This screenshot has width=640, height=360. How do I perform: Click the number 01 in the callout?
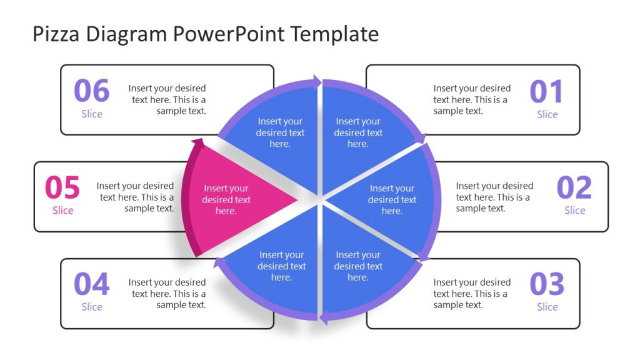pos(546,91)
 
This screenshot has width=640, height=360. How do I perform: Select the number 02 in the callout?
pos(574,187)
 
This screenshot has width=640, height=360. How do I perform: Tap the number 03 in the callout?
pos(547,284)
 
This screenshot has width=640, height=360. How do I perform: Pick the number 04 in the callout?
pos(92,284)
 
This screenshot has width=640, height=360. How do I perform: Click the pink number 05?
pos(62,187)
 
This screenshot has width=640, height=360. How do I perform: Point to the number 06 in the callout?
pos(92,91)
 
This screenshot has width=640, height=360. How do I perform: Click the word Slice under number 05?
pos(62,211)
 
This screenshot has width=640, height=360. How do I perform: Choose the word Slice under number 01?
pos(547,114)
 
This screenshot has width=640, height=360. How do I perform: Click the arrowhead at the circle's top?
pos(317,82)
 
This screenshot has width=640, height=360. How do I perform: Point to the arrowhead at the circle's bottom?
pos(324,319)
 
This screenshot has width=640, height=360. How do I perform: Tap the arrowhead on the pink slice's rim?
pos(197,144)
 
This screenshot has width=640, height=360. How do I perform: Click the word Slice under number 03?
pos(547,307)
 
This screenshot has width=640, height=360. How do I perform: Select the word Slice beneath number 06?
pos(92,114)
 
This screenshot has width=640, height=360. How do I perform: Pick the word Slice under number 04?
pos(92,307)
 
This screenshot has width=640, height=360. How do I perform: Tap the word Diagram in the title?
pos(124,34)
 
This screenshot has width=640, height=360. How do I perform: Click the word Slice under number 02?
pos(574,211)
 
